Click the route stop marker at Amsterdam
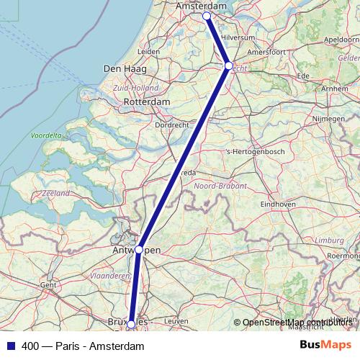click(206, 16)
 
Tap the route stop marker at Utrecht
click(229, 66)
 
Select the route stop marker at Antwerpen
click(139, 250)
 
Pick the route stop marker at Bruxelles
click(131, 325)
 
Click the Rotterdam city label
click(147, 102)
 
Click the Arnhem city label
click(332, 89)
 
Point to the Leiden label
click(148, 52)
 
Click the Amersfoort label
click(265, 52)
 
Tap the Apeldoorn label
click(343, 40)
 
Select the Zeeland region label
click(55, 194)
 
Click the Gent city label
click(48, 285)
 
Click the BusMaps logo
click(325, 346)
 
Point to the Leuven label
click(176, 321)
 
